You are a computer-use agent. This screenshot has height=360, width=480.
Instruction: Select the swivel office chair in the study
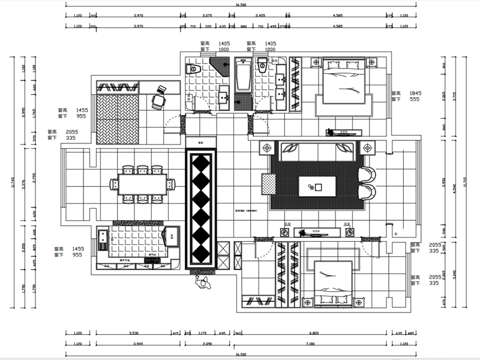(158, 98)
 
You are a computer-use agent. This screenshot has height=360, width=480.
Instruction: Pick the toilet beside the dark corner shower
(192, 69)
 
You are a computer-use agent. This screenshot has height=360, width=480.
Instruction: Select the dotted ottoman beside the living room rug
(267, 184)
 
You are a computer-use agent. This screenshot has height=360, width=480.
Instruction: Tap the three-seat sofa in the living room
(316, 150)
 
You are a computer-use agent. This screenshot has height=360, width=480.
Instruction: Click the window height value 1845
(416, 94)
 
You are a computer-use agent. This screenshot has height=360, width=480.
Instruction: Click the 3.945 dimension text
(138, 344)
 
